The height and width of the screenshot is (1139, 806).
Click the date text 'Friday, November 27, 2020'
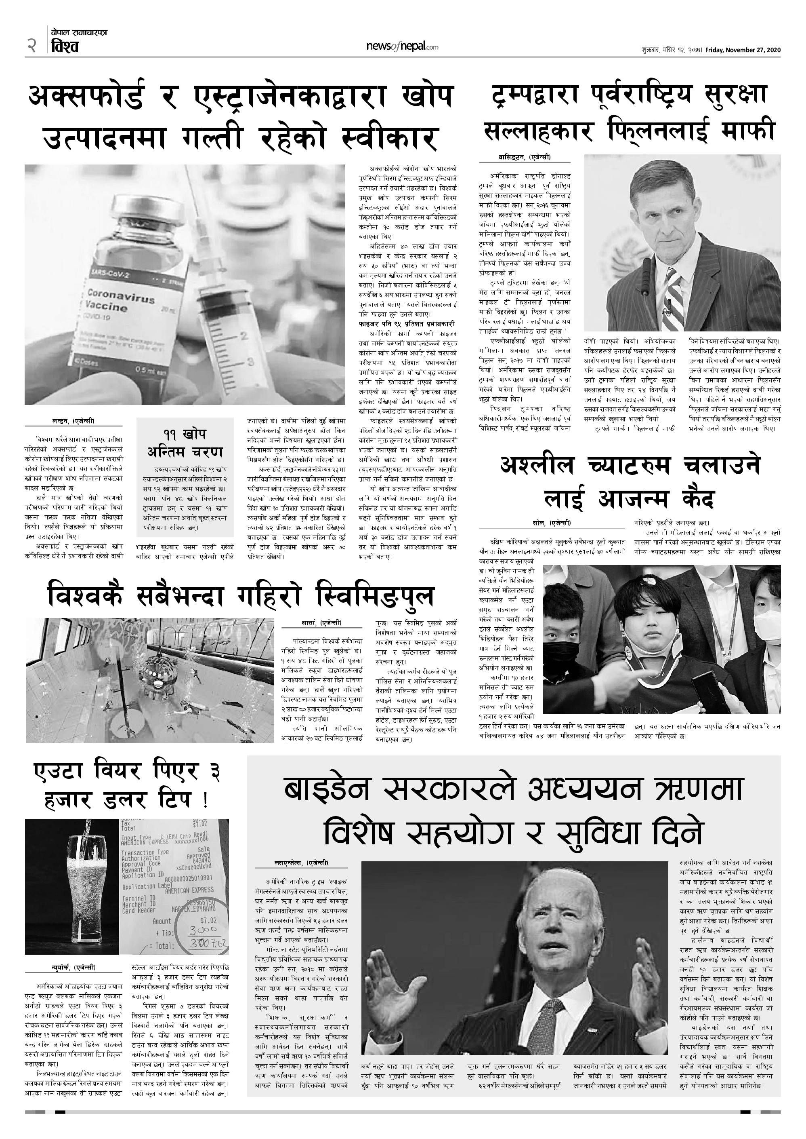click(x=743, y=50)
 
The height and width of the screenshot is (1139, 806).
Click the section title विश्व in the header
click(x=65, y=47)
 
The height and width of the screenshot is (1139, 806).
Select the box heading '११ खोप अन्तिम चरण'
click(x=185, y=443)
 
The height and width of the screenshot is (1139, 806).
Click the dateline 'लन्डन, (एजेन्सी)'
click(x=73, y=421)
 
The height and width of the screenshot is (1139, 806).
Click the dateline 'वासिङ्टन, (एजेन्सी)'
click(x=525, y=158)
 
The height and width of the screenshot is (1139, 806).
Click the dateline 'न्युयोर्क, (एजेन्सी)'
click(x=73, y=967)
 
